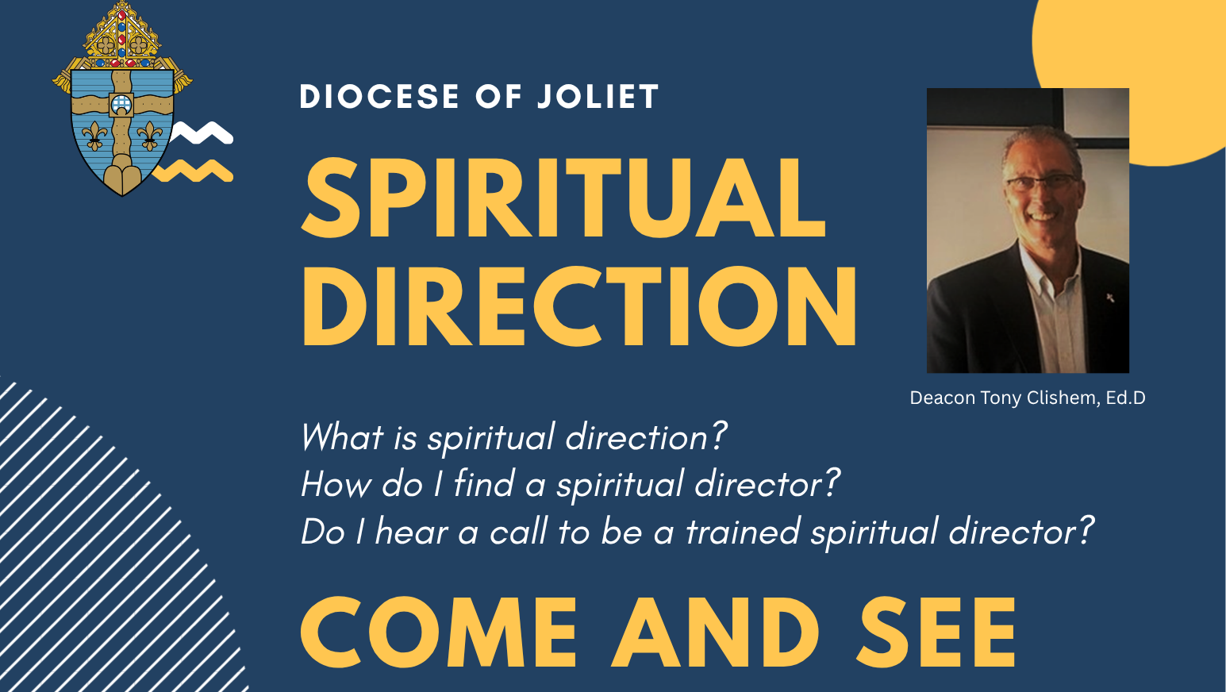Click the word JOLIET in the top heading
(598, 97)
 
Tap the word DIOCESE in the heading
(379, 97)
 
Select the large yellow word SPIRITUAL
(563, 198)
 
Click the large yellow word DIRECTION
(578, 306)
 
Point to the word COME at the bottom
(439, 632)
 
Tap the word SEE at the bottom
(936, 632)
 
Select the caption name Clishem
(1063, 398)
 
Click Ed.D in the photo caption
(1125, 398)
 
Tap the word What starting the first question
(342, 437)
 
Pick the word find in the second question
(484, 484)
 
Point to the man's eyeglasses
(1041, 183)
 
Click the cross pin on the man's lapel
(1110, 298)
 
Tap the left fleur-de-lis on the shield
(94, 136)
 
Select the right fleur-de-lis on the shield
(149, 136)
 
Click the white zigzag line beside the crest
(202, 133)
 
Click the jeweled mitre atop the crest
(122, 34)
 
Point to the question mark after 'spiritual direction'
(718, 436)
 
